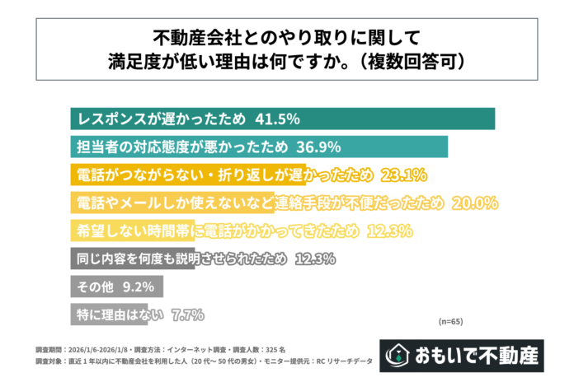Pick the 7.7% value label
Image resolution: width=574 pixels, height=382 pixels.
(x=187, y=314)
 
